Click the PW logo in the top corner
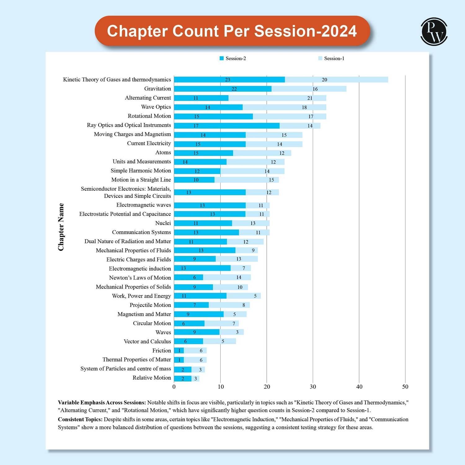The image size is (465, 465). point(434,32)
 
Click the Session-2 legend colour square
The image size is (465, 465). point(222,58)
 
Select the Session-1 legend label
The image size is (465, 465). point(334,58)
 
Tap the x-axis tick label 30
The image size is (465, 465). point(313,387)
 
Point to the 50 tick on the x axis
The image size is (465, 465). point(405,387)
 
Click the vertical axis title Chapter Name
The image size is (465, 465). point(61,227)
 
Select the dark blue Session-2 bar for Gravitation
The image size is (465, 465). point(223,89)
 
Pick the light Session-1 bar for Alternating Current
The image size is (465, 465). point(277,98)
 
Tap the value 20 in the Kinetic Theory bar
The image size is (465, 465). point(325,80)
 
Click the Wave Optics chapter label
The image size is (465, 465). point(156,107)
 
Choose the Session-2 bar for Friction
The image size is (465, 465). point(179,351)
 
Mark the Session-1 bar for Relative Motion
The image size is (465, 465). point(195,379)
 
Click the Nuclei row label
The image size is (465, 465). point(163,223)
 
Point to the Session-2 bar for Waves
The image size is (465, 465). point(197,332)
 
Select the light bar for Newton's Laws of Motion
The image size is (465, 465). point(227,277)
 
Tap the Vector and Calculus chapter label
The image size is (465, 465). point(147,341)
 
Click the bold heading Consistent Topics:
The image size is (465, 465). point(80,419)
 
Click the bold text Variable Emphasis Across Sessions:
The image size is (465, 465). point(102,403)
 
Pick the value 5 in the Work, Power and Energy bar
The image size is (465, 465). point(255,296)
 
